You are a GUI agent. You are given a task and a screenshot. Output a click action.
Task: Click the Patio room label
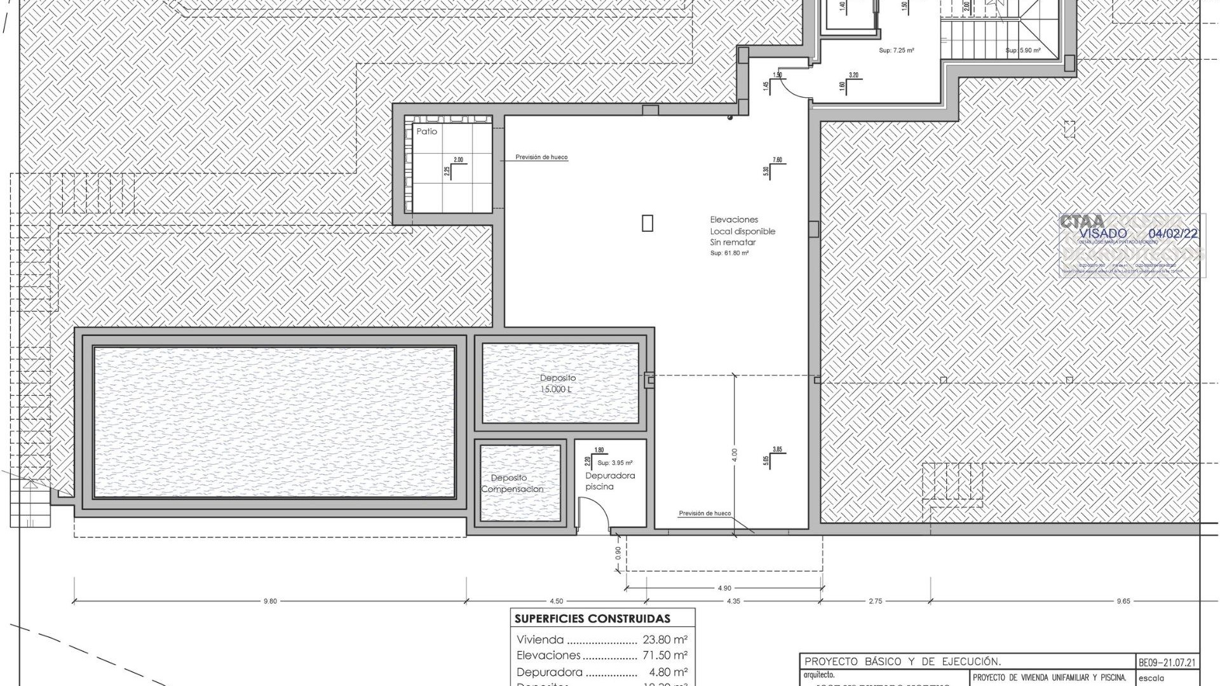[x=426, y=131]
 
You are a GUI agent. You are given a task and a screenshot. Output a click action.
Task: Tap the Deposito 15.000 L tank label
[x=558, y=384]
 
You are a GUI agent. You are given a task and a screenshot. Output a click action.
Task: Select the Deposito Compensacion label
[x=512, y=483]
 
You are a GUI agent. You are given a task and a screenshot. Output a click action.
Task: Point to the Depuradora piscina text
[x=609, y=481]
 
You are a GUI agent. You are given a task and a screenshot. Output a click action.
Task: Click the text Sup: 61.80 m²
[x=729, y=253]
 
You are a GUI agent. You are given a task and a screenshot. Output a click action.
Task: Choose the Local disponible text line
[x=742, y=231]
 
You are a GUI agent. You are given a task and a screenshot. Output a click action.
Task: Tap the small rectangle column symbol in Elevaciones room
[x=647, y=223]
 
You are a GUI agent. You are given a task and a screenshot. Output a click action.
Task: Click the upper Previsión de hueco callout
[x=541, y=157]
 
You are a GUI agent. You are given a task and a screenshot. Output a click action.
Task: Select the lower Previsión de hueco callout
[x=705, y=513]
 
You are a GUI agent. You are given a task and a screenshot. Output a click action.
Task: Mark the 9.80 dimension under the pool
[x=270, y=601]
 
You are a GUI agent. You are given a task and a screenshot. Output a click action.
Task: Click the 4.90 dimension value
[x=724, y=588]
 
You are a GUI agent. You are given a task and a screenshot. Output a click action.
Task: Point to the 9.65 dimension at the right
[x=1123, y=601]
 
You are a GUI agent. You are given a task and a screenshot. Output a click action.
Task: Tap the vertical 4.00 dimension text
[x=735, y=455]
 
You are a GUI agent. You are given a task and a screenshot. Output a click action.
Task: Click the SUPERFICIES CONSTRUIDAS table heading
[x=592, y=619]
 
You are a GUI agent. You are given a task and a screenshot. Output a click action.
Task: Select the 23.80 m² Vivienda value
[x=665, y=640]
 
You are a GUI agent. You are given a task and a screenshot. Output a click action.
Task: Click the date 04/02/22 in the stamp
[x=1173, y=234]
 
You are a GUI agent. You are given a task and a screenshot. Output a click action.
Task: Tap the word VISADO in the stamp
[x=1103, y=234]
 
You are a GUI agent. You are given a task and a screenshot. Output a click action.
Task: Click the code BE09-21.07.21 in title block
[x=1167, y=662]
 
